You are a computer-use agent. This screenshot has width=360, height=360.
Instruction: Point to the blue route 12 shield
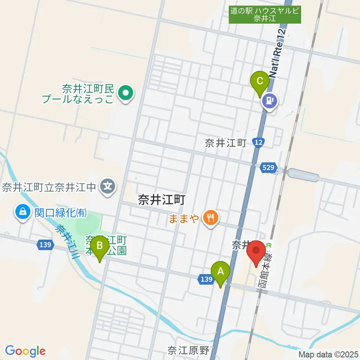coord(258,142)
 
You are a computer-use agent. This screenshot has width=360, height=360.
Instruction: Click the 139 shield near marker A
coord(205,279)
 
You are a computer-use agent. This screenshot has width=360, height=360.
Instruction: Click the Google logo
coord(25,351)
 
